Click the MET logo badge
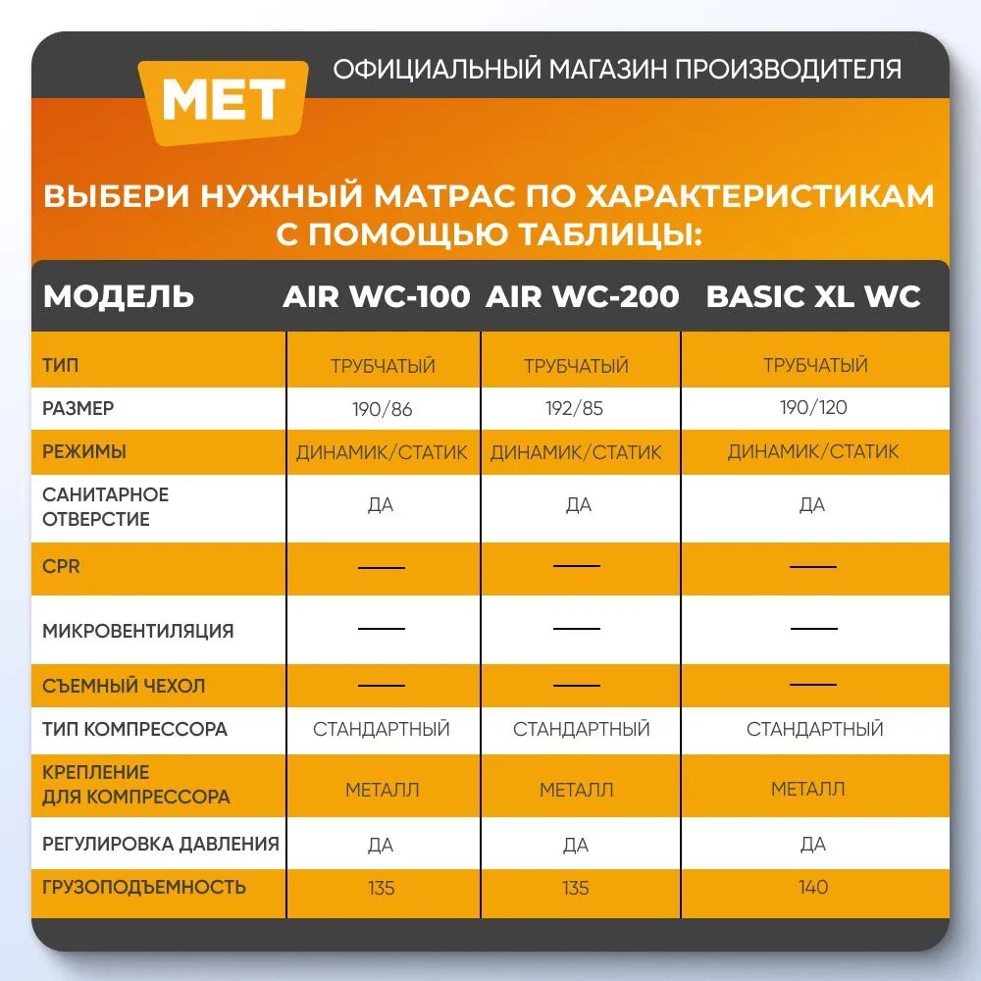click(223, 100)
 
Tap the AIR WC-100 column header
click(376, 296)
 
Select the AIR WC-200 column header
click(582, 296)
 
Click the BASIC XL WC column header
click(813, 296)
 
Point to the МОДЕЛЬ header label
click(119, 296)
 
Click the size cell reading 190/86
click(382, 409)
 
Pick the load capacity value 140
click(813, 887)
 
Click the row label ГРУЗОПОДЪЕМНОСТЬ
click(144, 887)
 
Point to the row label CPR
click(61, 567)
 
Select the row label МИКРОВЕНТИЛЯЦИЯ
click(138, 631)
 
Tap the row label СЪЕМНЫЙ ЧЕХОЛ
click(124, 686)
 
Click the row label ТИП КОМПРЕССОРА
click(134, 729)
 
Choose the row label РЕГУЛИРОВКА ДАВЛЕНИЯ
click(160, 844)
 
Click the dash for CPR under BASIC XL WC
click(813, 566)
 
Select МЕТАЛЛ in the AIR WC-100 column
click(382, 789)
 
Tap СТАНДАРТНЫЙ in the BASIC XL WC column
click(814, 729)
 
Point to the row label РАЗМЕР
click(77, 408)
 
